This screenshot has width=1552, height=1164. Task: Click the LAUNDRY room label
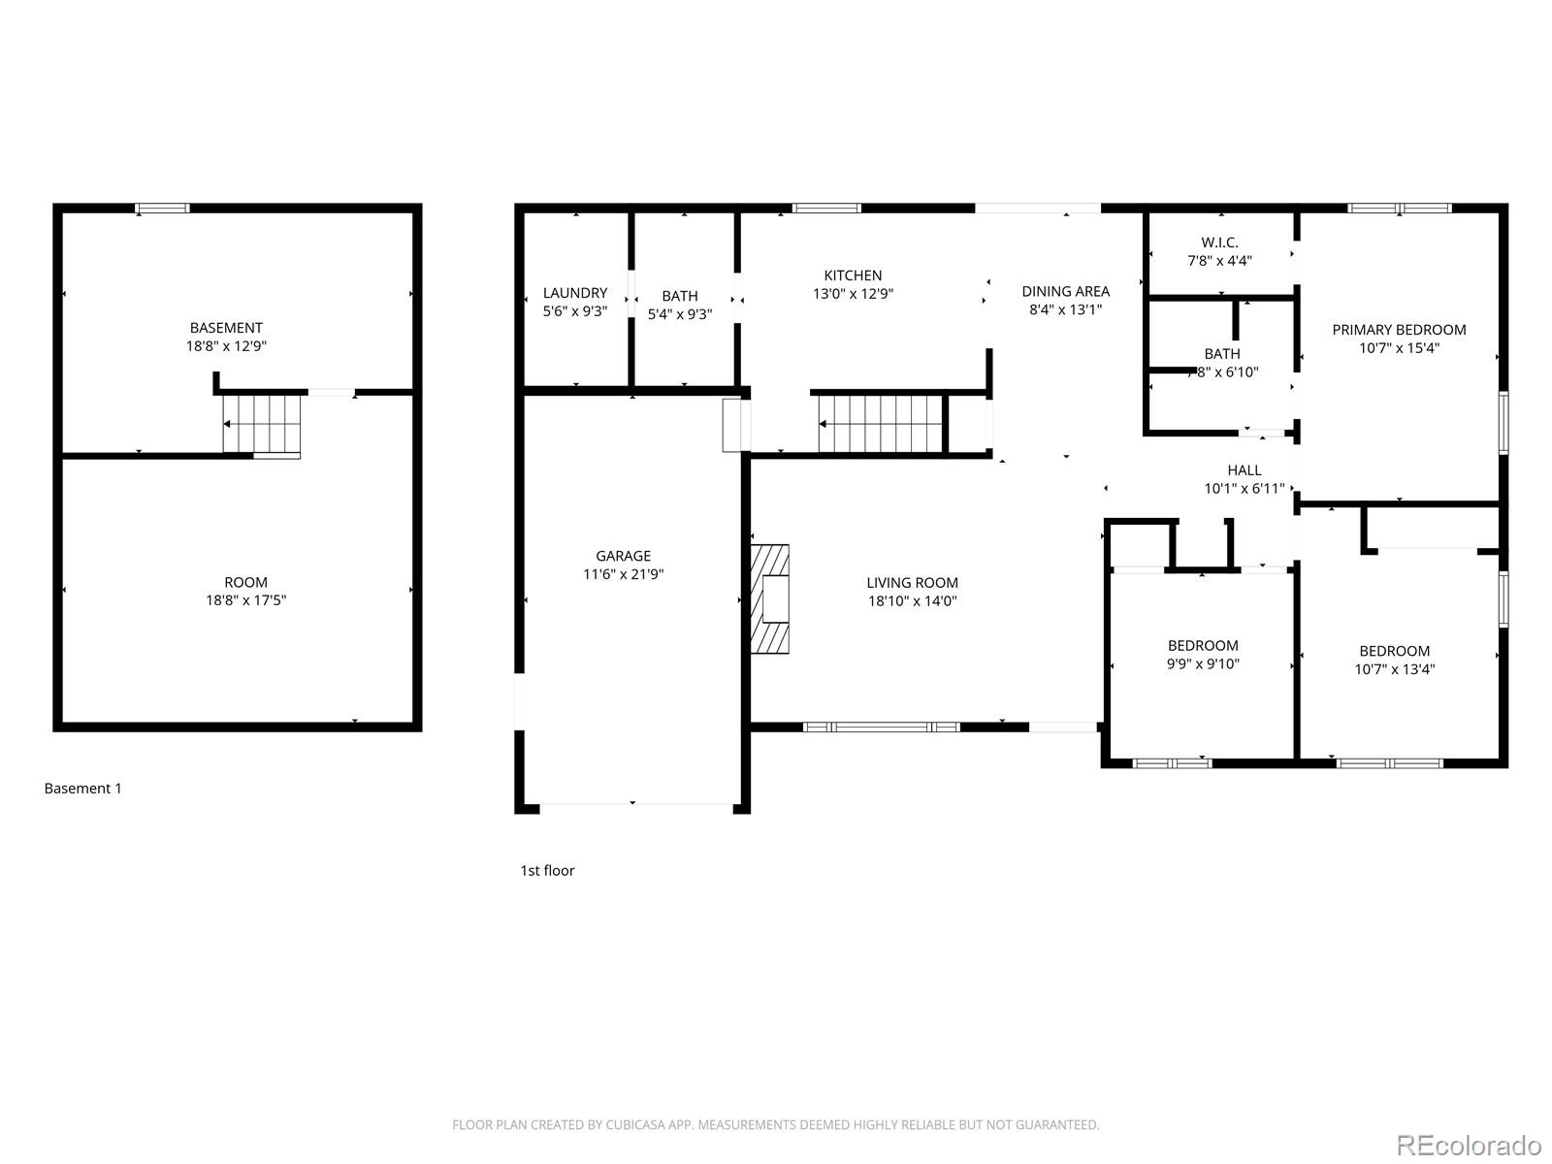pos(574,293)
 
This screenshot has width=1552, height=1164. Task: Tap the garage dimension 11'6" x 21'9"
pos(623,574)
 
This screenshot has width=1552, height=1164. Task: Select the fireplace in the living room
pos(770,598)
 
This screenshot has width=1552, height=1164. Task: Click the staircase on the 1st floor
pos(881,424)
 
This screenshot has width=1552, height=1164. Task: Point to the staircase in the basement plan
pos(263,424)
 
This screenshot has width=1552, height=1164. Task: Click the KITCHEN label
pos(853,275)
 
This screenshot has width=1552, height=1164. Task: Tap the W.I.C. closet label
pos(1219,242)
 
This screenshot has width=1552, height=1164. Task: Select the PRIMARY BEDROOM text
pos(1399,330)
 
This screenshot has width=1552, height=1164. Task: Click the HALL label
pos(1245,470)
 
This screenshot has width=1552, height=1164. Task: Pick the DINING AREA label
pos(1065,291)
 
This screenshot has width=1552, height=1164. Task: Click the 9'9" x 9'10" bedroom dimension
pos(1203,664)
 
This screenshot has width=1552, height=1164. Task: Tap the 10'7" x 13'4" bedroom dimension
pos(1394,669)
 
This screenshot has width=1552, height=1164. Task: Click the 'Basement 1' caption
pos(83,789)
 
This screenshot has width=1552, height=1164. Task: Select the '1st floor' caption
pos(547,871)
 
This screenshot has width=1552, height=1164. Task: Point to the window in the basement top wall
pos(162,208)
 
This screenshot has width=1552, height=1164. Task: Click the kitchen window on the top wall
pos(826,208)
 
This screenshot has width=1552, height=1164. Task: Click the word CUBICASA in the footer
pos(636,1125)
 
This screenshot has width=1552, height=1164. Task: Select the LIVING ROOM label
pos(912,583)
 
